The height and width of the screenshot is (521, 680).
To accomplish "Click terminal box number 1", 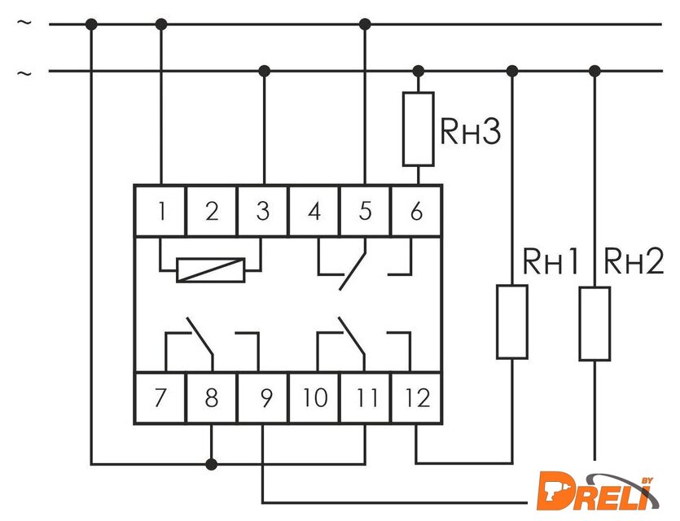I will pos(160,211).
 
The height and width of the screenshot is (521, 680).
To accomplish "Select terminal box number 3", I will pos(263,211).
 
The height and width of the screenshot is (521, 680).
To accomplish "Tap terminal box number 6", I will pos(417,211).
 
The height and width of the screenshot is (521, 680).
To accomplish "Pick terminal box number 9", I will pos(263,398).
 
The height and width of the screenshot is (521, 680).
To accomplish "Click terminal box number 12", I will pos(417,398).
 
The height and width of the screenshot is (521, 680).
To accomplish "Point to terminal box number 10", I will pos(314,398).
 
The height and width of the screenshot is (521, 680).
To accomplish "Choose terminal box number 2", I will pos(212,211).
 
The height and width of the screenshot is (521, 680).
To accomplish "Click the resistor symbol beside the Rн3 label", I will pos(418,128).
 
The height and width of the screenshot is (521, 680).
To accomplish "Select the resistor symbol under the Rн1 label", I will pos(512,322).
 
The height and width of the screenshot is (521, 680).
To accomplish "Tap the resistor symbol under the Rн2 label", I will pos(594,323).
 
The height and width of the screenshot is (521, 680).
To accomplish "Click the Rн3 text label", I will pos(469,133).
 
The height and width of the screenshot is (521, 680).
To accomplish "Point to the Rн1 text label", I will pos(551,262).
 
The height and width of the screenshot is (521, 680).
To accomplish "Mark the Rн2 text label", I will pos(633,262).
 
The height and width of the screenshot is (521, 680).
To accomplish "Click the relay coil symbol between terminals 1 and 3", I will pos(210,269).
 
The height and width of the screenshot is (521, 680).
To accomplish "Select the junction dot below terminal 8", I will pos(212,464).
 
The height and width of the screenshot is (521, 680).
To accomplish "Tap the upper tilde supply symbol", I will pos(24,24).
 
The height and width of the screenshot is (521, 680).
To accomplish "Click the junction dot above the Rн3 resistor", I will pos(418,71).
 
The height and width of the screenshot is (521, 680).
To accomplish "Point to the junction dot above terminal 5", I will pos(365,24).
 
